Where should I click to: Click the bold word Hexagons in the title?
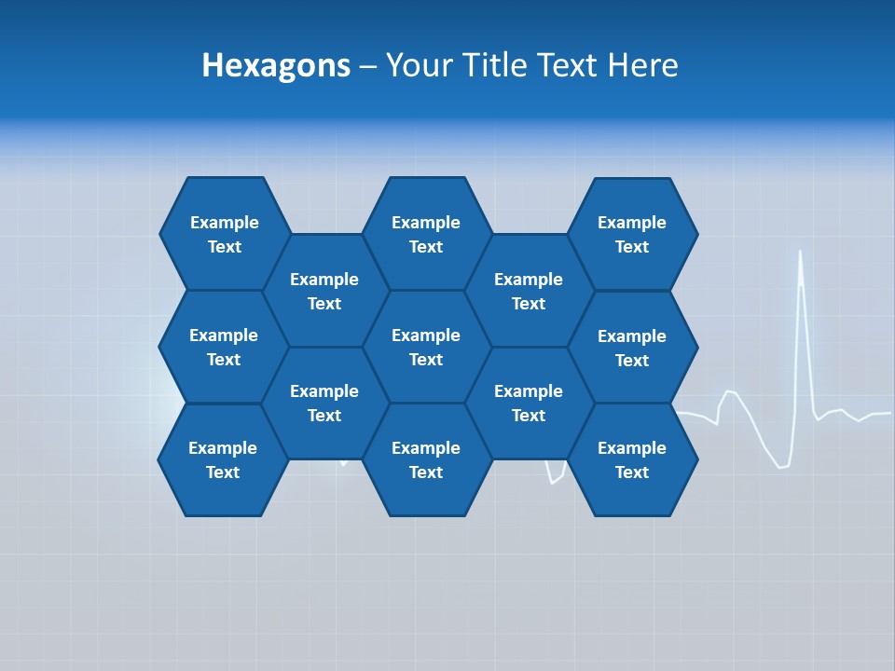276,65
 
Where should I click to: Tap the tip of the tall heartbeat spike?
800,252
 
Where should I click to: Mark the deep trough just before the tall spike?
781,466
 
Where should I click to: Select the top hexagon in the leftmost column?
225,234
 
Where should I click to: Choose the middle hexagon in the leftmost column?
224,347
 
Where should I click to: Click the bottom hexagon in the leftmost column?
223,459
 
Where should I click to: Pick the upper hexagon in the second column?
324,291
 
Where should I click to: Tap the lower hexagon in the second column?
324,403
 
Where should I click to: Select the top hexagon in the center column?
426,234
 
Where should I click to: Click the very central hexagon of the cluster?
426,347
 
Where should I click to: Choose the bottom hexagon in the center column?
426,459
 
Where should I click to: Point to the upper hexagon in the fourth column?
529,291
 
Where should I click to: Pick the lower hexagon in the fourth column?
529,403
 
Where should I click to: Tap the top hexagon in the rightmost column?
632,234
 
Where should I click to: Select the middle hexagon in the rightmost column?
632,348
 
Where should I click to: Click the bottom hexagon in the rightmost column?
632,459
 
